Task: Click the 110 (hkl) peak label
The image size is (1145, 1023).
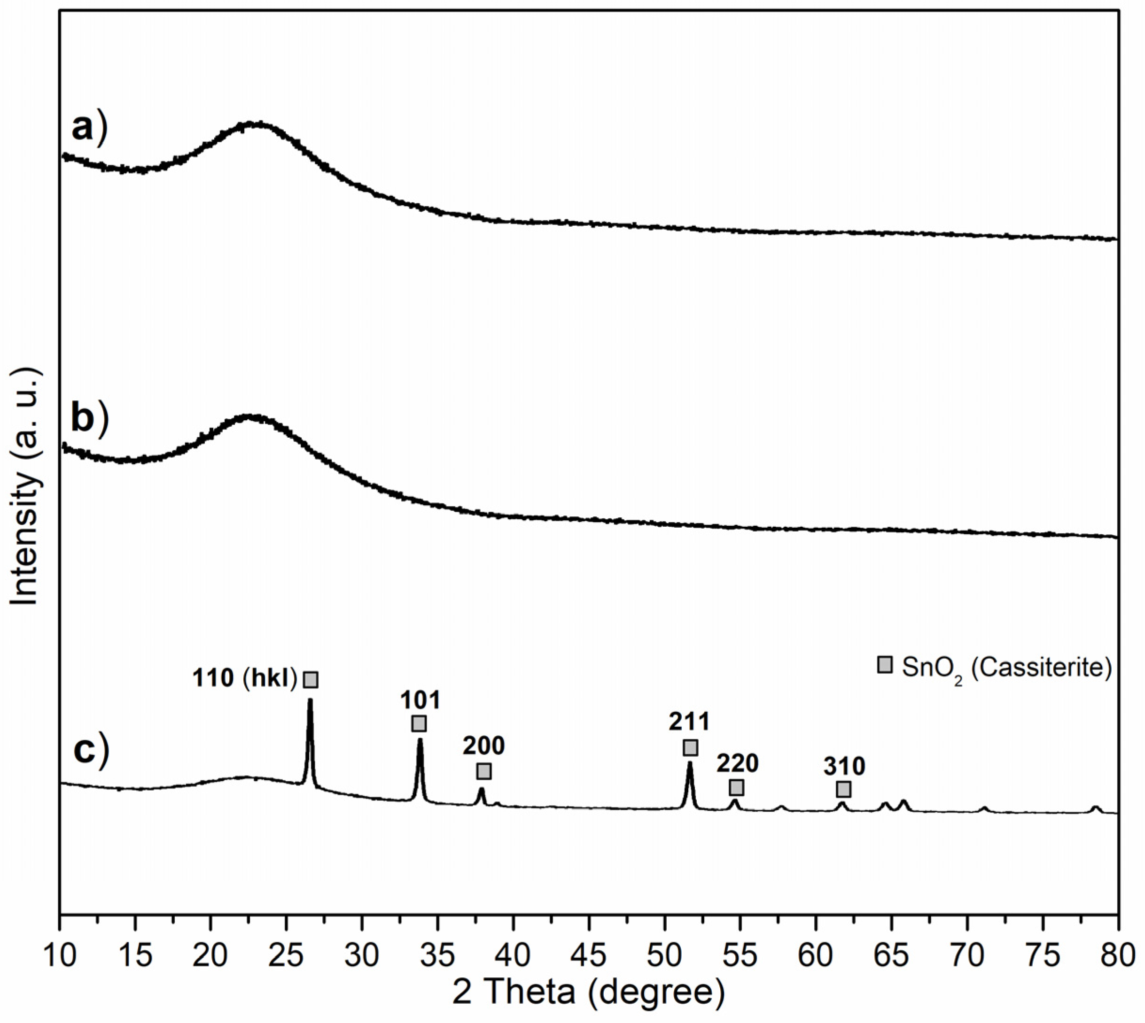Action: (x=245, y=678)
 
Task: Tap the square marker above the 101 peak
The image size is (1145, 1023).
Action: (x=419, y=723)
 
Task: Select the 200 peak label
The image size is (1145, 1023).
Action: (x=483, y=746)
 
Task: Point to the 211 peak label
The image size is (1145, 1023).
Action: (x=690, y=722)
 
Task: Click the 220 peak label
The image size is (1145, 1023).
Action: (x=737, y=763)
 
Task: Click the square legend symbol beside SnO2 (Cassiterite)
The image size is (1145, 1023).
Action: (x=885, y=665)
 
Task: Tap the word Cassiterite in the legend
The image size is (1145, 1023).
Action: (x=1040, y=668)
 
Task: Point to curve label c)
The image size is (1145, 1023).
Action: (x=90, y=752)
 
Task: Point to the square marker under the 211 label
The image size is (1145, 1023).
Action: (x=691, y=747)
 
